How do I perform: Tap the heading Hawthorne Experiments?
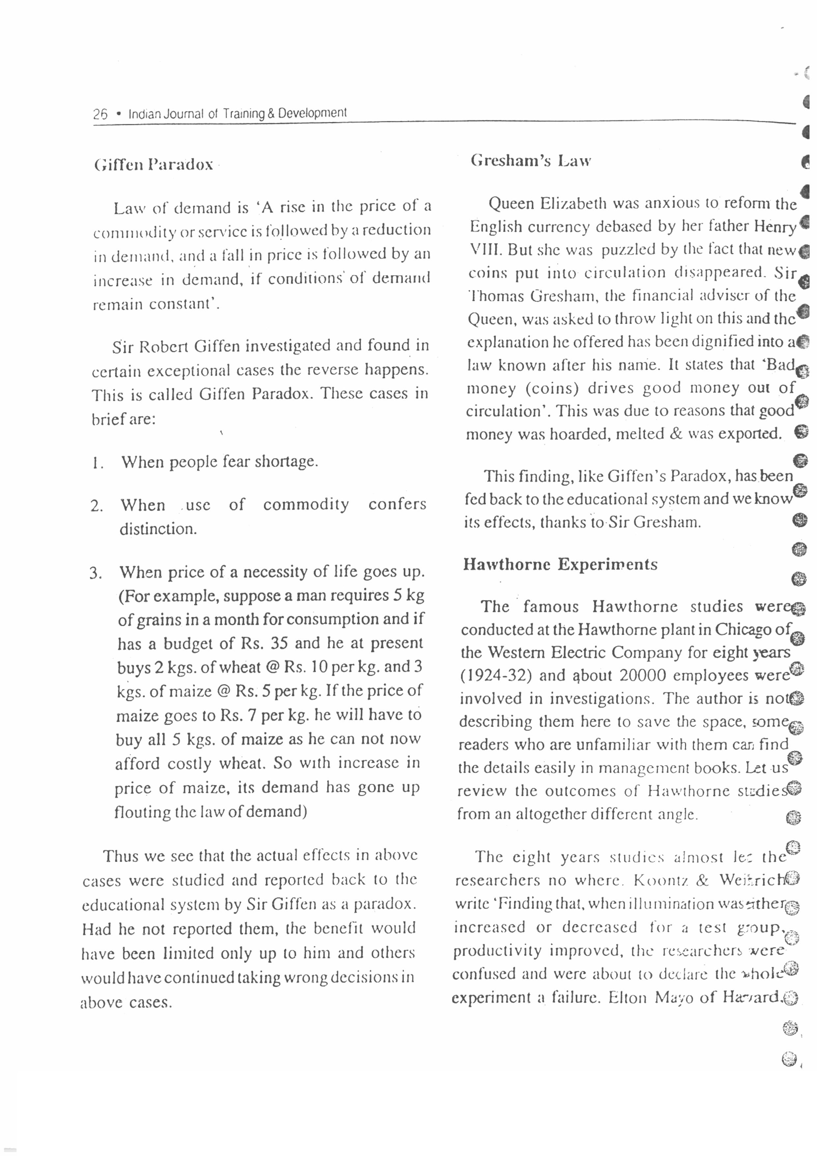pos(560,564)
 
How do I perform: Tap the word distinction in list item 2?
pos(157,529)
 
